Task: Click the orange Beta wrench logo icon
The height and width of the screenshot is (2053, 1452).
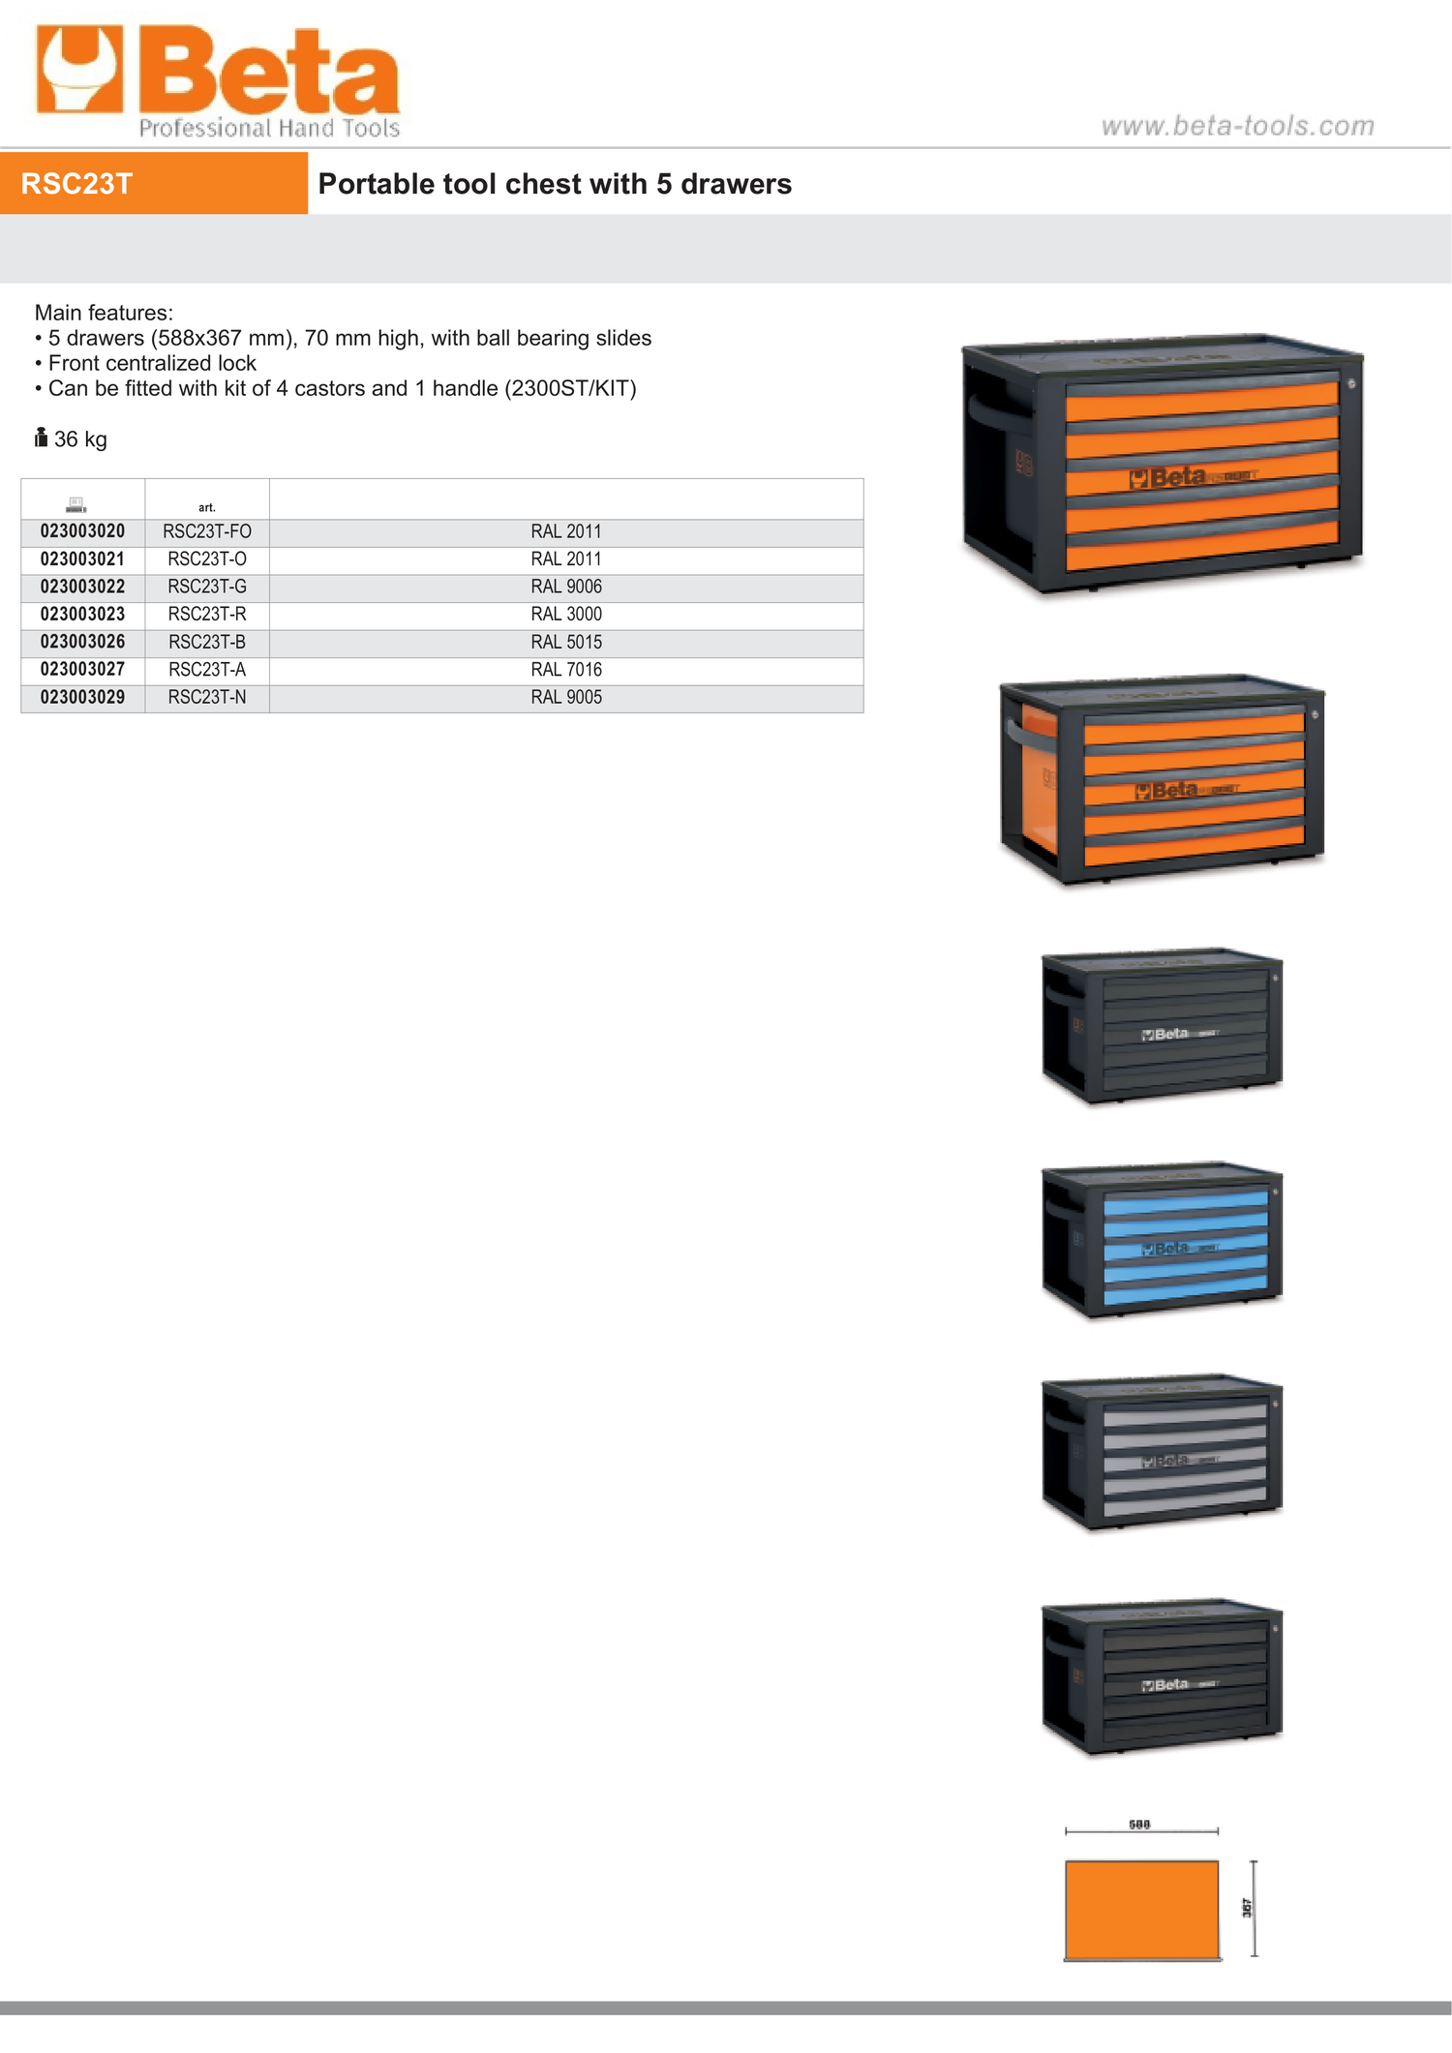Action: pos(80,69)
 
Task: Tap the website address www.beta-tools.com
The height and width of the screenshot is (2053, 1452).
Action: pos(1238,126)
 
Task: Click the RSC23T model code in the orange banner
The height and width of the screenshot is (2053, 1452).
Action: pos(76,184)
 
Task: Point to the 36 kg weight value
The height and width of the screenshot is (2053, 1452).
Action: pos(80,439)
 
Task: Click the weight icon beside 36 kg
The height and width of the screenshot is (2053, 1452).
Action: pos(41,438)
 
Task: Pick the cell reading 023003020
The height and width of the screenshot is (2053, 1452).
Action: pos(82,531)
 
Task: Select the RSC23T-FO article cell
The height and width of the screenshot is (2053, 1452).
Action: pos(207,531)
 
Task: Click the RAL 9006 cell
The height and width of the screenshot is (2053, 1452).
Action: pos(566,587)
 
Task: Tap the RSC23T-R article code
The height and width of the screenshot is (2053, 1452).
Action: pos(207,614)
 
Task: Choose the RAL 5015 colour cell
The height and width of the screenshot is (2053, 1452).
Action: pos(566,642)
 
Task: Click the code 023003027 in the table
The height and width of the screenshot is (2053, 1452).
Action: pos(82,669)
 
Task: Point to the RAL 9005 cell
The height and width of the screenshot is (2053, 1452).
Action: pos(566,697)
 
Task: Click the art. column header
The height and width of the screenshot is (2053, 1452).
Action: pos(207,507)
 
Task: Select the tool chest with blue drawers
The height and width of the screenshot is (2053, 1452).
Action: pos(1162,1240)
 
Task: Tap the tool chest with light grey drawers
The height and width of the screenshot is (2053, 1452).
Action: pos(1162,1452)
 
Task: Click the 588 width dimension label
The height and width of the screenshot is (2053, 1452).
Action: pos(1139,1825)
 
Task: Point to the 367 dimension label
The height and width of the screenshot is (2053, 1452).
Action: pos(1247,1908)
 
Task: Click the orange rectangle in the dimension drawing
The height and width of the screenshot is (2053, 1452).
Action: pos(1142,1910)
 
